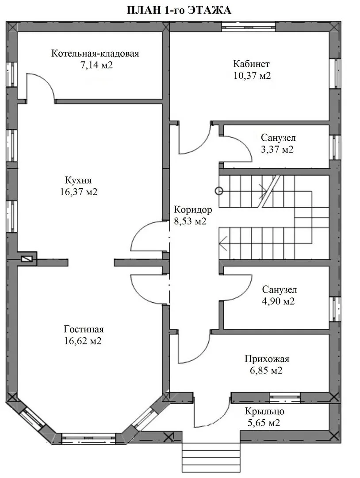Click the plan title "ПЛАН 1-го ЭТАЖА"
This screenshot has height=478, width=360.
pyautogui.click(x=179, y=10)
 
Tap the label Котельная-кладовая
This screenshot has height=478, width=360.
pyautogui.click(x=95, y=54)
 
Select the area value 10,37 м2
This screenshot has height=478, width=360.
pyautogui.click(x=252, y=76)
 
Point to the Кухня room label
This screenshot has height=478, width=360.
pyautogui.click(x=78, y=180)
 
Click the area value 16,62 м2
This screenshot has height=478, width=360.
pyautogui.click(x=83, y=341)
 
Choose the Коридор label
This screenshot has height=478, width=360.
pyautogui.click(x=193, y=210)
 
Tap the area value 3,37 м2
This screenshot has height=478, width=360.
pyautogui.click(x=277, y=150)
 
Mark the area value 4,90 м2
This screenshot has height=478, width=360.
pyautogui.click(x=278, y=301)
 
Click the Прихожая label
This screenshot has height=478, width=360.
pyautogui.click(x=267, y=359)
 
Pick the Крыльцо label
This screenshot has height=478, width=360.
pyautogui.click(x=264, y=411)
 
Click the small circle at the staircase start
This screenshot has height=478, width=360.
pyautogui.click(x=218, y=191)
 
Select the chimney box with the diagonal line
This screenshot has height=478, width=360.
pyautogui.click(x=27, y=259)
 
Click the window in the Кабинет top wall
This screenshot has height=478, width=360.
pyautogui.click(x=249, y=27)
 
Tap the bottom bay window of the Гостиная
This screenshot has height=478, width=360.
pyautogui.click(x=88, y=438)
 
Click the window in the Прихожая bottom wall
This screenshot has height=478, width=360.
pyautogui.click(x=285, y=397)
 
